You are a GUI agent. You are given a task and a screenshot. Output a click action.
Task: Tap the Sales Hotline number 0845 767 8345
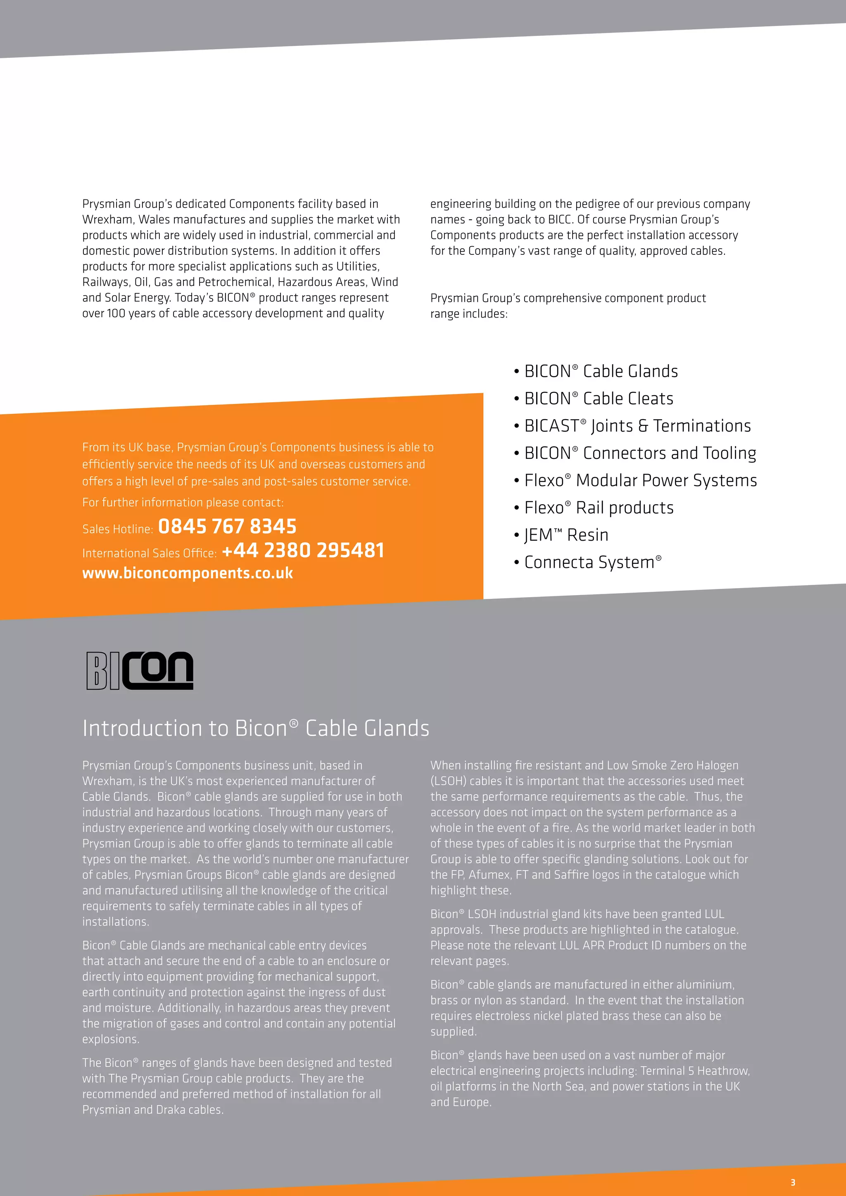[227, 527]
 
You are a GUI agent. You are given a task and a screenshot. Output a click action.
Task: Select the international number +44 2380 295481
[303, 551]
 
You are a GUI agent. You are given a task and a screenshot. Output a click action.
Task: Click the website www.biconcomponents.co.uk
[188, 574]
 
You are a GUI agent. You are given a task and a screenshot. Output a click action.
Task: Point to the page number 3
[793, 1182]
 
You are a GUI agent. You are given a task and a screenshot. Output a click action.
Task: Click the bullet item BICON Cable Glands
[601, 371]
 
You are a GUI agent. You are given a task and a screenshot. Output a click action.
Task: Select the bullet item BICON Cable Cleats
[599, 399]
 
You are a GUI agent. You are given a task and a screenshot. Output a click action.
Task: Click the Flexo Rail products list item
[599, 508]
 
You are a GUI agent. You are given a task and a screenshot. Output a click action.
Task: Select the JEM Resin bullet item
[566, 535]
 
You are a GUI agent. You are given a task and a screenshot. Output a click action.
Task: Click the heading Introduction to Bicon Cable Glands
[256, 728]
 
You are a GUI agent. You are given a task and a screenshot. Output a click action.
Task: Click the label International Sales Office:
[150, 553]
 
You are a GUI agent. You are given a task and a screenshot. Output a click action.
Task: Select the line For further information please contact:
[183, 503]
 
